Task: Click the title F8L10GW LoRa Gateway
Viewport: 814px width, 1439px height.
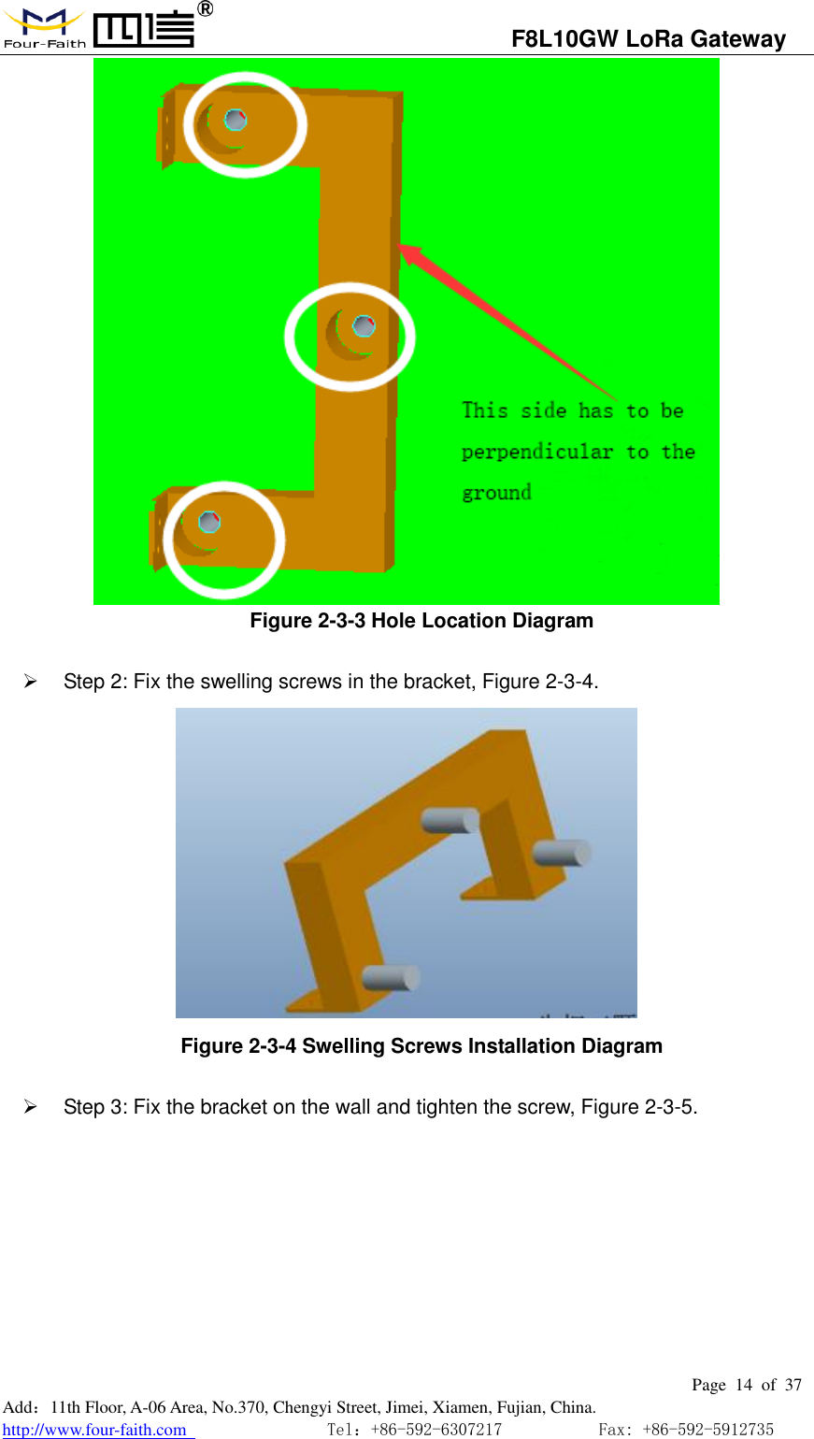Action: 649,39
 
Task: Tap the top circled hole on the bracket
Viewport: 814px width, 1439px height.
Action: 236,120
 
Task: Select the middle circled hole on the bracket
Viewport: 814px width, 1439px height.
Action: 364,326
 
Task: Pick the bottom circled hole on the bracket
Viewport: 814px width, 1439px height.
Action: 209,522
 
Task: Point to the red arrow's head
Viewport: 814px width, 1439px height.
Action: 409,253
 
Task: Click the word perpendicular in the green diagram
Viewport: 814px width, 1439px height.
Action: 536,453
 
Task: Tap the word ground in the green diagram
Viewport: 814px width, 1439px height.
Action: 497,493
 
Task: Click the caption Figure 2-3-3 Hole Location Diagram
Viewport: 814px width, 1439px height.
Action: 421,621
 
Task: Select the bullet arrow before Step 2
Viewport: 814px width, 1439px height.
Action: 30,681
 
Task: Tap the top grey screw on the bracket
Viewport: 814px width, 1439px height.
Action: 450,820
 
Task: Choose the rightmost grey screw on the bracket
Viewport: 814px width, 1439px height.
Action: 562,853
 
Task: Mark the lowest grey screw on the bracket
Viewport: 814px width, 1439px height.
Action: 391,978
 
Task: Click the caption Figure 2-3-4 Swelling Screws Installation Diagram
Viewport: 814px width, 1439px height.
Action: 421,1046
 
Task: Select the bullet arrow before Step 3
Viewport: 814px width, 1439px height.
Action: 30,1106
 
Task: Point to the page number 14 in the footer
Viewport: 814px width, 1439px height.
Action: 744,1385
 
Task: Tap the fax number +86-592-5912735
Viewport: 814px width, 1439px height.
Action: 708,1430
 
